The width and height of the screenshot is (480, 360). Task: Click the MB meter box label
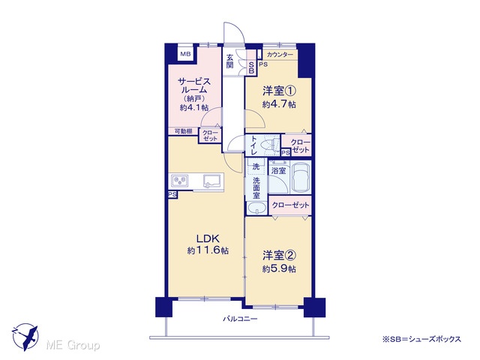pos(185,55)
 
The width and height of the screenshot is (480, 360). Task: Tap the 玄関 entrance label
pos(230,61)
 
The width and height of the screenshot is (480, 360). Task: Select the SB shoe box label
pos(251,67)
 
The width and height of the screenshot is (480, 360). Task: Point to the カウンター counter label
pos(280,55)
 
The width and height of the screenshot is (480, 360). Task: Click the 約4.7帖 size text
pos(279,104)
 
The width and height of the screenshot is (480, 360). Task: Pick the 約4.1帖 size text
pos(194,108)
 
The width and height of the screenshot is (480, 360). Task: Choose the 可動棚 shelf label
pos(183,131)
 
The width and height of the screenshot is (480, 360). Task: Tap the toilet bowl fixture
pos(271,143)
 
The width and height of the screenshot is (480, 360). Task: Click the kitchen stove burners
pos(180,181)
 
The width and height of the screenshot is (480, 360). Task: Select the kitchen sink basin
pos(211,181)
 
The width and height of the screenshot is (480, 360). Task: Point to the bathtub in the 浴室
pos(300,178)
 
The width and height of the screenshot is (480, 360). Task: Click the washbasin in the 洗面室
pos(256,208)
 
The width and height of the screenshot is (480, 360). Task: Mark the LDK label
pos(208,238)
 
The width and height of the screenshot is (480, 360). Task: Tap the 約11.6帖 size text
pos(208,250)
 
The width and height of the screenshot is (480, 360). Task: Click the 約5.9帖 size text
pos(279,269)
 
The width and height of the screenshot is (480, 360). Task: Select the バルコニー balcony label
pos(240,319)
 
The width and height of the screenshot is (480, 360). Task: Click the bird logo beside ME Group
pos(25,337)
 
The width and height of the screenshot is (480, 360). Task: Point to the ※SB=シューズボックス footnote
pos(421,339)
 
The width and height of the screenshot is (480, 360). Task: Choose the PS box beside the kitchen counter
pos(172,195)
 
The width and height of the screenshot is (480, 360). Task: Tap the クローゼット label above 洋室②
pos(290,205)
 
